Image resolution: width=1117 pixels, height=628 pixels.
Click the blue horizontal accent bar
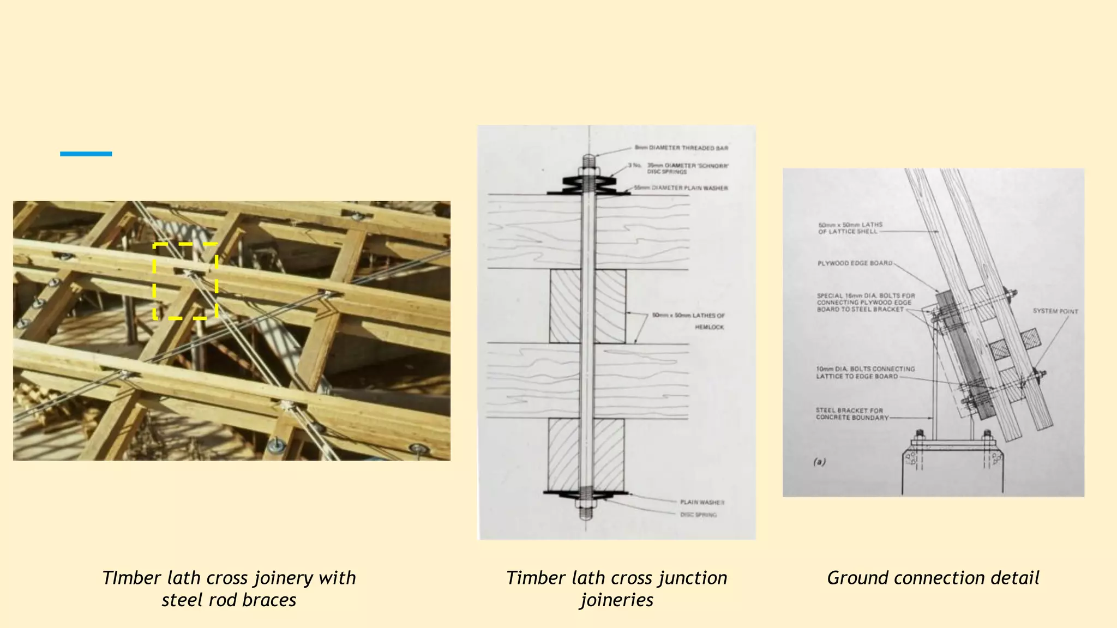(86, 154)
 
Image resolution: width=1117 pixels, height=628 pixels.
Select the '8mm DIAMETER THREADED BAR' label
(681, 148)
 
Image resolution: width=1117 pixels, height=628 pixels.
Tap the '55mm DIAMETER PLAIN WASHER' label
(681, 188)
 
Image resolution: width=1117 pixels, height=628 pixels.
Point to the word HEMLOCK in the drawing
(709, 327)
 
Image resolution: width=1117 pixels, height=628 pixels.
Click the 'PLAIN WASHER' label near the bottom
(702, 502)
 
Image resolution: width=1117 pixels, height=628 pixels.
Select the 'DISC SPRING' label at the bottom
(698, 515)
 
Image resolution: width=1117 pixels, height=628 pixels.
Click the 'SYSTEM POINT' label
(1055, 311)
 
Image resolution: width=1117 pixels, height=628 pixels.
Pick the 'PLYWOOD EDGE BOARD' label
(855, 263)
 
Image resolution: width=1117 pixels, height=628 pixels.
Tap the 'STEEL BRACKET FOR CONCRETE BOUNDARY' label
(851, 414)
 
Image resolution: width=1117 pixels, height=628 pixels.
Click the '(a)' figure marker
(819, 462)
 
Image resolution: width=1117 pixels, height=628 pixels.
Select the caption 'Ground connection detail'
(933, 578)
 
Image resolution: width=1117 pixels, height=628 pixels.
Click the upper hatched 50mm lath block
(588, 306)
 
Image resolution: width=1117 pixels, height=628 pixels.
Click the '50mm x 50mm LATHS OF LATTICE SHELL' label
(850, 228)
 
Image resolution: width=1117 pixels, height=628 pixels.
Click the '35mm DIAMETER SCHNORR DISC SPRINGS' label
(687, 168)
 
